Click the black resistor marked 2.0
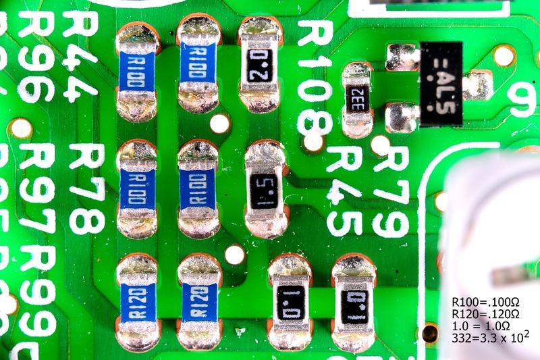click(259, 65)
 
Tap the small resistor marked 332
click(356, 100)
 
